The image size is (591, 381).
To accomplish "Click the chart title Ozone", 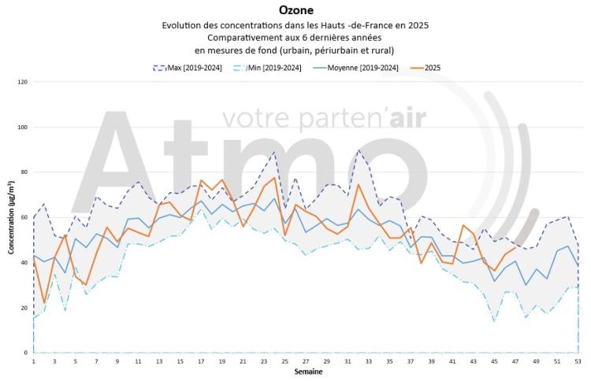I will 295,10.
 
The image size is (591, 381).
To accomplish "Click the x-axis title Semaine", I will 307,371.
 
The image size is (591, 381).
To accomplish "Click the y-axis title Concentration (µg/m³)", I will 11,216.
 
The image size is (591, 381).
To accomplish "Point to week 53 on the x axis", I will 578,361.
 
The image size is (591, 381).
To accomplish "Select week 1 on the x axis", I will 34,361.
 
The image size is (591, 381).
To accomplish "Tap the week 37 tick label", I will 411,361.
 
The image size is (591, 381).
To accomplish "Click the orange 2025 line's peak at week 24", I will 274,178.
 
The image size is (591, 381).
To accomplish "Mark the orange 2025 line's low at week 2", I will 44,303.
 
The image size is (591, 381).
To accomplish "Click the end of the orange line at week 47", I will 515,248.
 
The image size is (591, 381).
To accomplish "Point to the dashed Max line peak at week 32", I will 359,149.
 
